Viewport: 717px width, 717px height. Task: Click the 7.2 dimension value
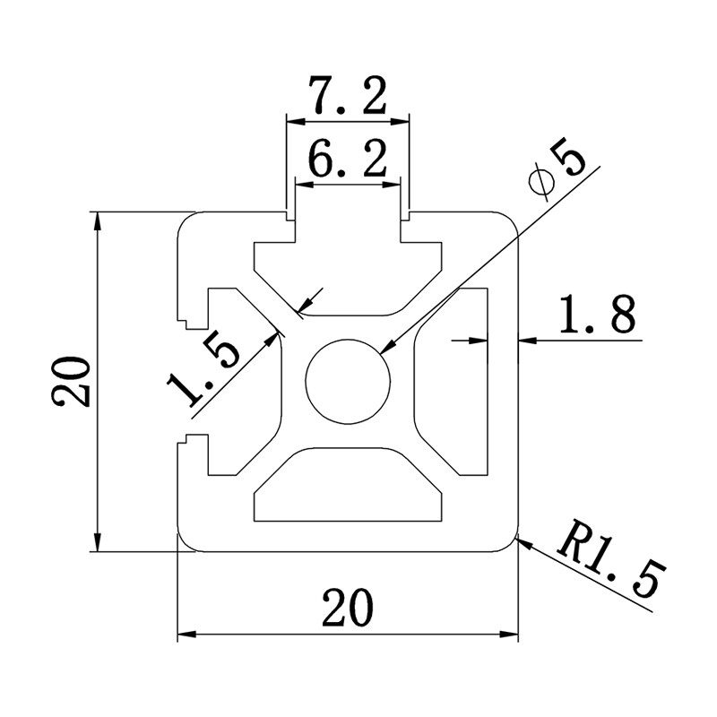(347, 96)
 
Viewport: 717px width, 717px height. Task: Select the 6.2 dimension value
(347, 162)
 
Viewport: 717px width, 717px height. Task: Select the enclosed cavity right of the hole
(457, 382)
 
